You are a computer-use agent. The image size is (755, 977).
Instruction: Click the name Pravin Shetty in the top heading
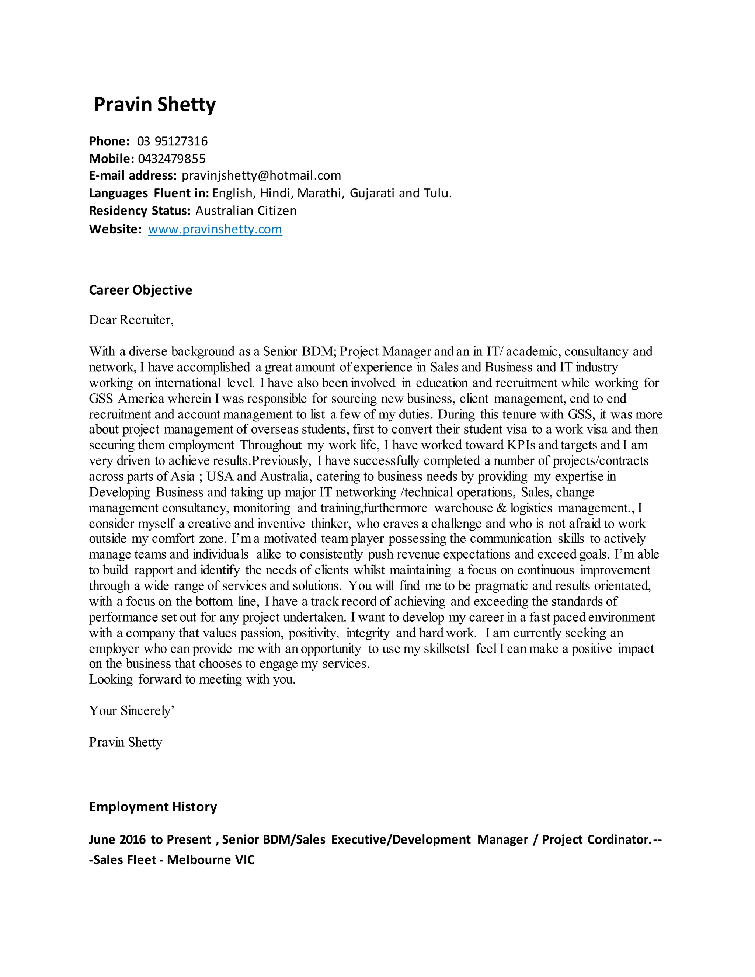click(x=154, y=105)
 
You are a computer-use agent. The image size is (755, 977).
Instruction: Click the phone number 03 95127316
click(x=172, y=141)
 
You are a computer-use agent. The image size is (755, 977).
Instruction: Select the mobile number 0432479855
click(x=172, y=159)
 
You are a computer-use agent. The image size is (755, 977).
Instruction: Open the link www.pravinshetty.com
click(x=215, y=229)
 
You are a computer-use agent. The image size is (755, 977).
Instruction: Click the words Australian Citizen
click(x=246, y=211)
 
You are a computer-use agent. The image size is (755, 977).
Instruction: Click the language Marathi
click(x=321, y=193)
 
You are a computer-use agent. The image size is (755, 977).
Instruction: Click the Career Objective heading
click(x=140, y=290)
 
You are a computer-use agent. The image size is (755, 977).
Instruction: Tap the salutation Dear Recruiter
click(x=131, y=320)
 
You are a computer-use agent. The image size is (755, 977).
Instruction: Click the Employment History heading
click(x=153, y=807)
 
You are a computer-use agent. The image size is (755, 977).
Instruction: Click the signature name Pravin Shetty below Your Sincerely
click(x=125, y=742)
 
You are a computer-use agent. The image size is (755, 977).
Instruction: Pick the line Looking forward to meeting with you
click(x=192, y=679)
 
